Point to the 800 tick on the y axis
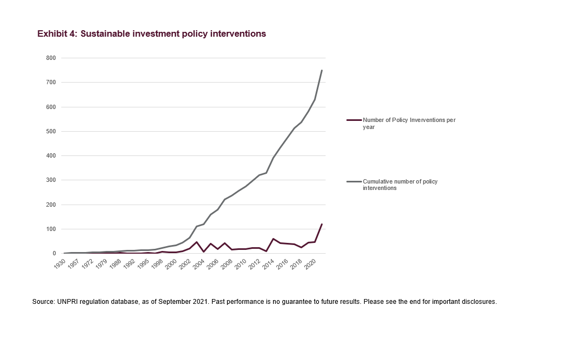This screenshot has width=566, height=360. point(51,58)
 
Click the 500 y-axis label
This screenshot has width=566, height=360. point(51,131)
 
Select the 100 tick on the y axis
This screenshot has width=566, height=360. point(51,229)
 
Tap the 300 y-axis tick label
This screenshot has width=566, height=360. point(51,180)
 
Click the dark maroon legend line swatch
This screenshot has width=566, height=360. point(354,120)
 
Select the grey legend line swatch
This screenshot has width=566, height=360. point(354,182)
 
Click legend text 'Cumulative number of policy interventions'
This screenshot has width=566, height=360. point(400,185)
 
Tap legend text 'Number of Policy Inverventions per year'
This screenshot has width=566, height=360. point(409,123)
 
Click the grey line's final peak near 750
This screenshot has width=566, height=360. point(322,70)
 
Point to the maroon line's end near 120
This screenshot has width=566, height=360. point(322,224)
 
